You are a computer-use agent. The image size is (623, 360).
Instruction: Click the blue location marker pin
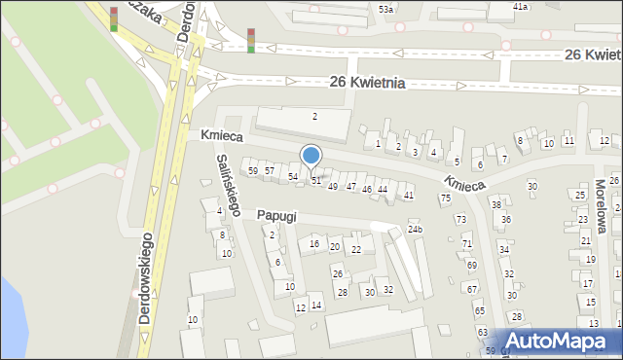pos(311,157)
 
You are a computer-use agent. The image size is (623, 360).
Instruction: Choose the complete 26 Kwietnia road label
pos(367,84)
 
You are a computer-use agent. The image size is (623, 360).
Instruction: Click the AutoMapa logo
pos(560,342)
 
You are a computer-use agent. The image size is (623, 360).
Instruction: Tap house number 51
pos(316,181)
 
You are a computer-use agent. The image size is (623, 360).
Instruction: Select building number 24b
pos(416,230)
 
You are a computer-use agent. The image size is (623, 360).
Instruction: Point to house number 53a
pos(386,9)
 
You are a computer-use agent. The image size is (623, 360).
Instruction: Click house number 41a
pos(521,7)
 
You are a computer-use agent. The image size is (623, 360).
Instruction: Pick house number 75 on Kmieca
pos(445,198)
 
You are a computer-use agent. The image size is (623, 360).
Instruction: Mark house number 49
pos(333,186)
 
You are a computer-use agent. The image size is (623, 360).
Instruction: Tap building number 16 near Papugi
pos(314,243)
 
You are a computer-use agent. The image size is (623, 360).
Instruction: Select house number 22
pos(356,250)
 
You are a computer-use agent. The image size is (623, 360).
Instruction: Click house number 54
pos(293,176)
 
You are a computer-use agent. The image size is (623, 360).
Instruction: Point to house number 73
pos(461,220)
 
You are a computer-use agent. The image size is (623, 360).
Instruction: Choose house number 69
pos(472,265)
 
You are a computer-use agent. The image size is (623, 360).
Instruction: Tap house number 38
pos(495,204)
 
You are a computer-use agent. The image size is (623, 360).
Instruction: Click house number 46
pos(367,189)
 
